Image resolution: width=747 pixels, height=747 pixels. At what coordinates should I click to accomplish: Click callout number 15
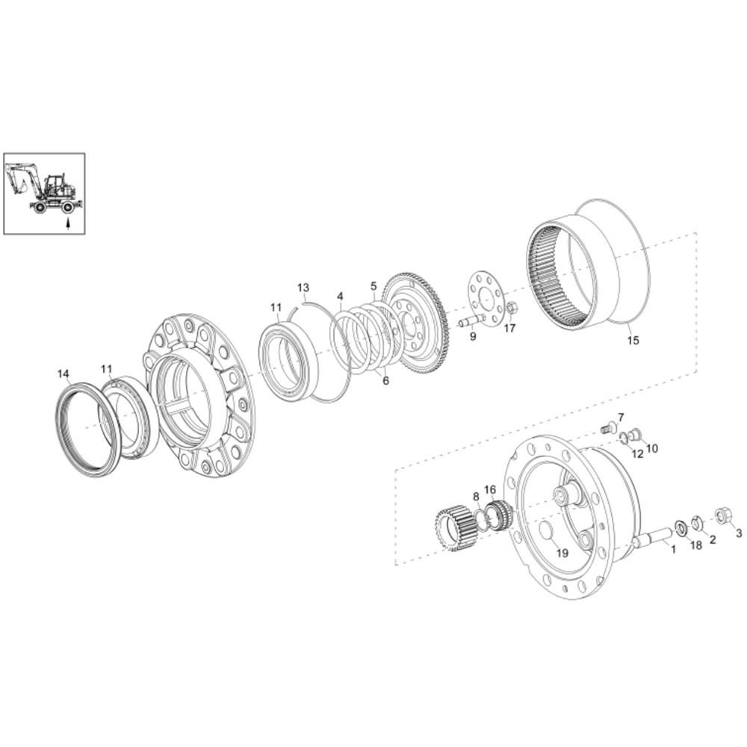pos(633,341)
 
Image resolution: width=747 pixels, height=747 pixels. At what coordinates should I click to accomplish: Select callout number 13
pos(303,288)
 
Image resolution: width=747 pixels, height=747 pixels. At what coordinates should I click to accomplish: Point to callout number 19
pos(562,553)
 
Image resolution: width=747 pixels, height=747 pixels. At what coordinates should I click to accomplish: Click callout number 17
pos(509,328)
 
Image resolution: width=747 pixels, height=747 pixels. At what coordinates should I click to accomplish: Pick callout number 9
pos(473,336)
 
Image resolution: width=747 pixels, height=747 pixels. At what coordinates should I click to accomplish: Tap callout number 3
pos(739,533)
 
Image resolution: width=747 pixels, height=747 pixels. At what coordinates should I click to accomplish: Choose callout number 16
pos(490,490)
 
